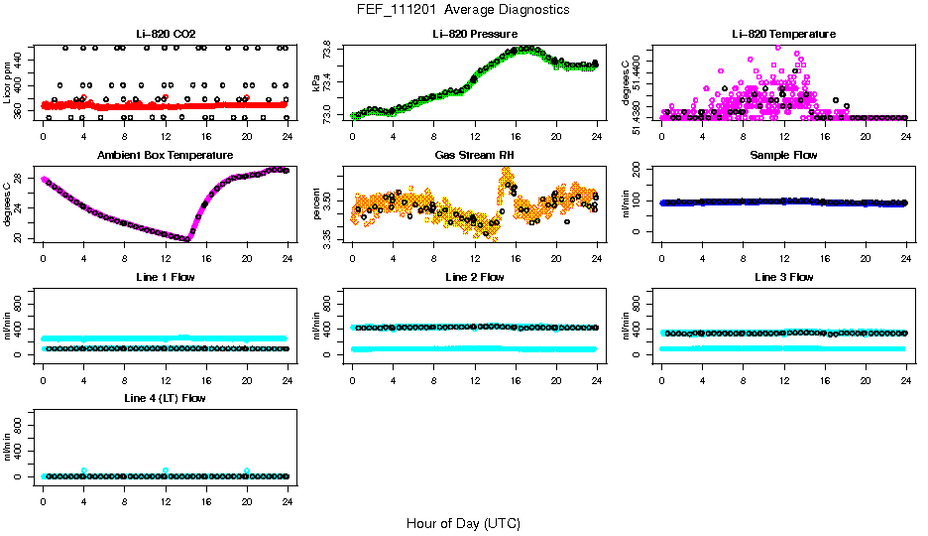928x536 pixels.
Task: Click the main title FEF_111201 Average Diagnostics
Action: coord(464,9)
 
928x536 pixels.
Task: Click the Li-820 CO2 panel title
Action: coord(165,35)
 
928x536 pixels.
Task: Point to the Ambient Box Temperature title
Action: coord(165,156)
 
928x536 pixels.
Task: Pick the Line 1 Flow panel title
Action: coord(165,277)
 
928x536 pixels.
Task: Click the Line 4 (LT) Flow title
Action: coord(165,398)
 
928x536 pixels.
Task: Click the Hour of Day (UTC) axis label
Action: coord(463,523)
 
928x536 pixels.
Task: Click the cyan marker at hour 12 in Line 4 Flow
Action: coord(166,470)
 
